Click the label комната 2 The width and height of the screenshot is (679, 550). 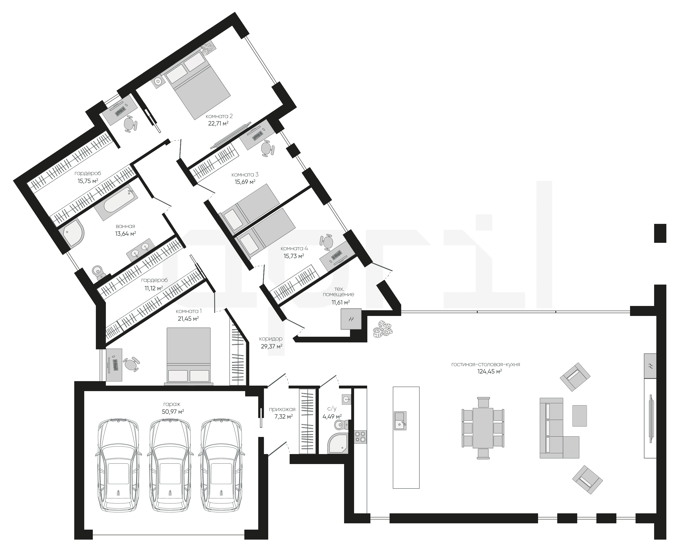[219, 116]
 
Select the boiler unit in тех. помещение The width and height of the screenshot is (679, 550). [351, 319]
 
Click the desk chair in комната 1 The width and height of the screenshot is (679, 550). [132, 364]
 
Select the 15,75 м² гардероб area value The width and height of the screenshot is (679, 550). [88, 181]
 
